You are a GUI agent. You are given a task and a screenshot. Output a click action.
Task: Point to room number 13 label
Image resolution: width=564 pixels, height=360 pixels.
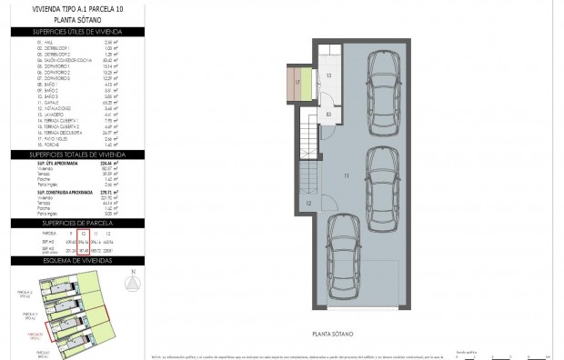(327, 75)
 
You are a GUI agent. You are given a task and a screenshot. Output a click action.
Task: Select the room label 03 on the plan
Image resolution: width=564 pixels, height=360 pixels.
(327, 114)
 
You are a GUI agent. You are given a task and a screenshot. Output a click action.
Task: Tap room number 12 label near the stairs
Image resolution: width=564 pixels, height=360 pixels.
(308, 204)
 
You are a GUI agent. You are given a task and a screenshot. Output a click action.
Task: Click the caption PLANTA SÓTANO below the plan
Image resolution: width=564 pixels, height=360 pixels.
(334, 333)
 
